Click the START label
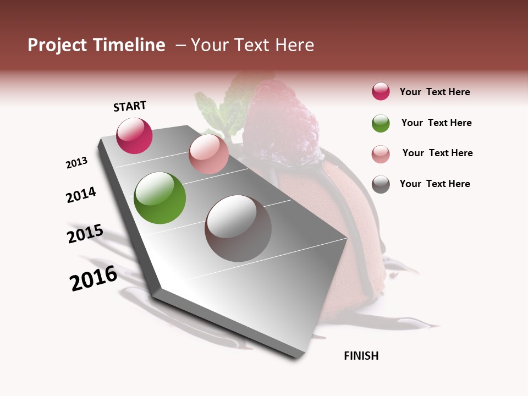point(130,106)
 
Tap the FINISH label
point(361,356)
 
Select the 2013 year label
point(76,163)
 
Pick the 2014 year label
point(81,195)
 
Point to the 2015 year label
point(85,234)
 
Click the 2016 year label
point(94,278)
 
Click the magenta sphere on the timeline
point(134,136)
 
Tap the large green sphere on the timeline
point(160,198)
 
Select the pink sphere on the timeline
point(208,154)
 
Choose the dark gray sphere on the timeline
point(238,228)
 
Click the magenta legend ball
point(381,92)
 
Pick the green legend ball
point(381,123)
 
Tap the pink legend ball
point(381,153)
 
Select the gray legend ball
point(381,184)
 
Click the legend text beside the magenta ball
point(435,92)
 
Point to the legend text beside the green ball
point(436,123)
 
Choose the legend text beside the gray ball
point(435,184)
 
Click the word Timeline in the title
point(129,45)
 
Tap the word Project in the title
point(57,45)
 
